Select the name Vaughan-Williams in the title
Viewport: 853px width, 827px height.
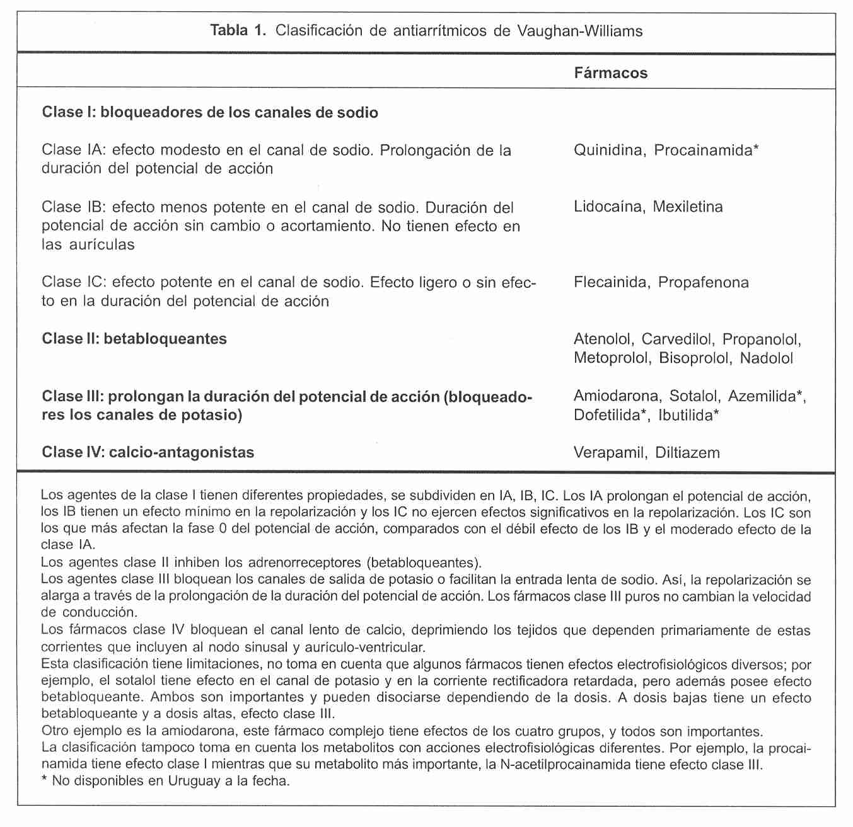click(x=580, y=31)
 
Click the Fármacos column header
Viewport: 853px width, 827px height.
click(x=610, y=73)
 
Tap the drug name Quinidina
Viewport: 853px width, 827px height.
click(x=608, y=151)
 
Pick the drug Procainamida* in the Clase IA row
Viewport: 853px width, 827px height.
click(x=706, y=151)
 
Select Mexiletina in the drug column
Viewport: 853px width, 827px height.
click(x=688, y=207)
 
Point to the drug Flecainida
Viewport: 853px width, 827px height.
click(x=610, y=282)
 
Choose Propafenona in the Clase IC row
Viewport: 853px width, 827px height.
click(x=703, y=282)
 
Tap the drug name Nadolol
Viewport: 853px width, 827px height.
click(x=767, y=358)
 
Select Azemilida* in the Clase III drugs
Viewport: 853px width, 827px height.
click(x=767, y=396)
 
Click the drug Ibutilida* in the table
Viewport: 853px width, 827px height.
click(x=688, y=415)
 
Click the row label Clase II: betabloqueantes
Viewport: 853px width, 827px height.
click(x=134, y=339)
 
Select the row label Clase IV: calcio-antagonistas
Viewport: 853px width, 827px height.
click(x=148, y=452)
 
